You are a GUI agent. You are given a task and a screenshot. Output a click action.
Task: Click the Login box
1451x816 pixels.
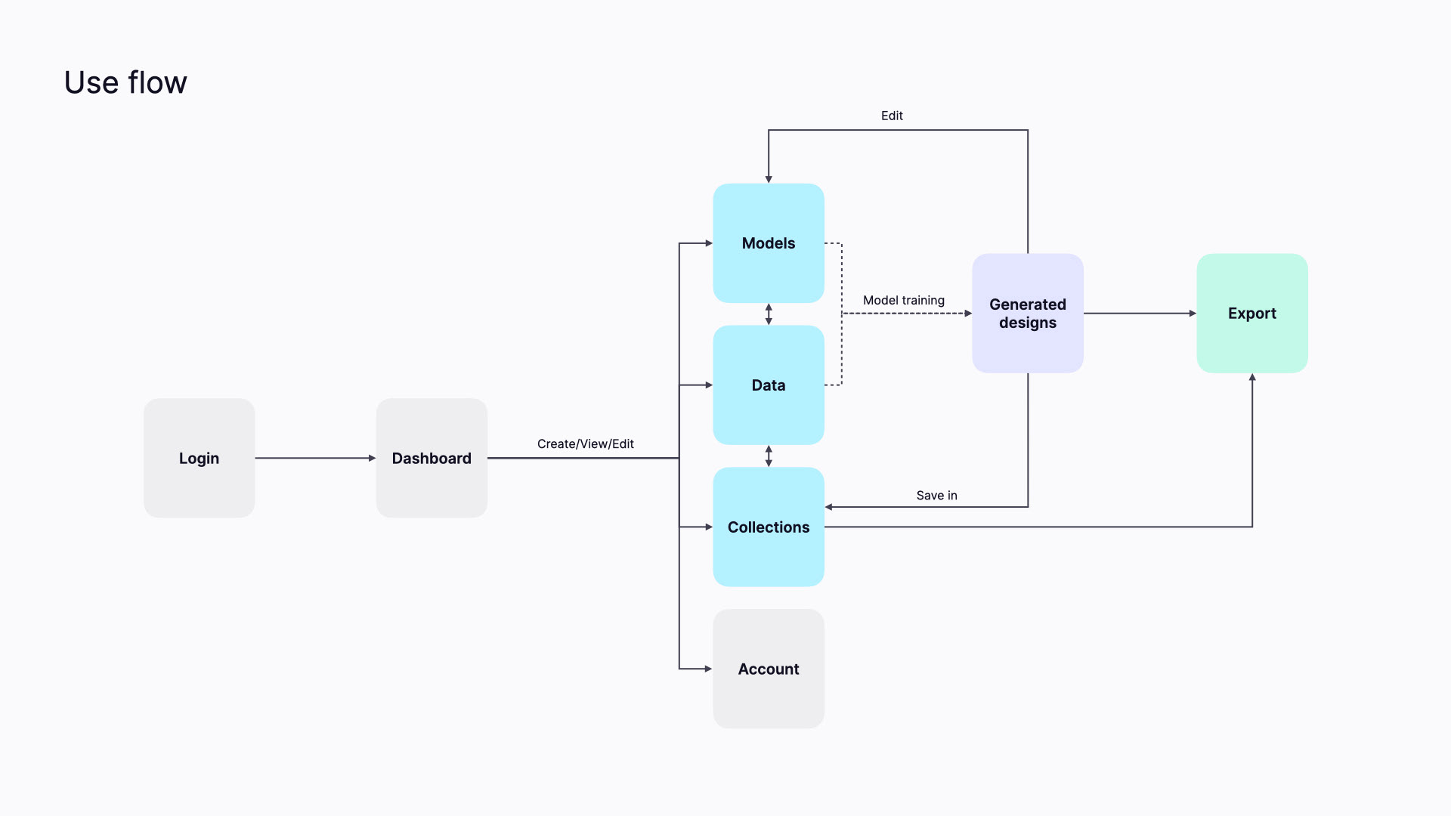pyautogui.click(x=199, y=458)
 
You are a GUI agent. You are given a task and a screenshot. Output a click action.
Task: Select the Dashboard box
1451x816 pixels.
pyautogui.click(x=432, y=458)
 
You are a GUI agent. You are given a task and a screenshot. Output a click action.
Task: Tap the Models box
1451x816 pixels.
pyautogui.click(x=769, y=243)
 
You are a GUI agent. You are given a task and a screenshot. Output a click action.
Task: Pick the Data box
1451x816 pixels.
pyautogui.click(x=769, y=385)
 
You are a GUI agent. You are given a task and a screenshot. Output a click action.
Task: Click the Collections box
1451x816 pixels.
pyautogui.click(x=769, y=527)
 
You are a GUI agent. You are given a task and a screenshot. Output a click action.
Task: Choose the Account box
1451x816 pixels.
pyautogui.click(x=769, y=669)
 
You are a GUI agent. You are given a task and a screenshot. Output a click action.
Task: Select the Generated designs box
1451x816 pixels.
pyautogui.click(x=1028, y=313)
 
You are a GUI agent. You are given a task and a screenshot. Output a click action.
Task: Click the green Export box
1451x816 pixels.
pyautogui.click(x=1252, y=313)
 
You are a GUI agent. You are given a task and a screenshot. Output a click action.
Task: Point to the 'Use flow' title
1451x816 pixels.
pyautogui.click(x=125, y=82)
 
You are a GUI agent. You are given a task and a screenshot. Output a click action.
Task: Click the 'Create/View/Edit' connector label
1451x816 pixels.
pyautogui.click(x=586, y=444)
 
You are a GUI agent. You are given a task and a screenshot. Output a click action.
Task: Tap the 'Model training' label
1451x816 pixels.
pyautogui.click(x=904, y=300)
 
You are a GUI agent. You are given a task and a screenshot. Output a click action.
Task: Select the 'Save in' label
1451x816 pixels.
pyautogui.click(x=937, y=495)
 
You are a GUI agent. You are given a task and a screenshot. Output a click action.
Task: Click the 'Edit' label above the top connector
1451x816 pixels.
pyautogui.click(x=892, y=116)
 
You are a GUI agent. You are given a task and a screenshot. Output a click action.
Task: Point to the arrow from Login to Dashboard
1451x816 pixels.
pyautogui.click(x=315, y=458)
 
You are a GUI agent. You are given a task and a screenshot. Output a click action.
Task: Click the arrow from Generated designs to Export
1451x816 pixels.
pyautogui.click(x=1140, y=313)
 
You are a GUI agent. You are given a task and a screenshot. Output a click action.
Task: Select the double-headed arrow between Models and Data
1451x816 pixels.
pyautogui.click(x=769, y=314)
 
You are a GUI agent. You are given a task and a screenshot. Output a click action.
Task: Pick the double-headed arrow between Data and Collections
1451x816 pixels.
pyautogui.click(x=769, y=456)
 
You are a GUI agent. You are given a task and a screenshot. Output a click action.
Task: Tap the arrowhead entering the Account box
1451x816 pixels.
pyautogui.click(x=709, y=669)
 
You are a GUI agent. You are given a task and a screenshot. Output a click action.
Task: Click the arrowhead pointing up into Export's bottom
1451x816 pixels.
pyautogui.click(x=1252, y=377)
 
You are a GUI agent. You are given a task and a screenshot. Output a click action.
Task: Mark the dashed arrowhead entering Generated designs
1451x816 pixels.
pyautogui.click(x=968, y=313)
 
